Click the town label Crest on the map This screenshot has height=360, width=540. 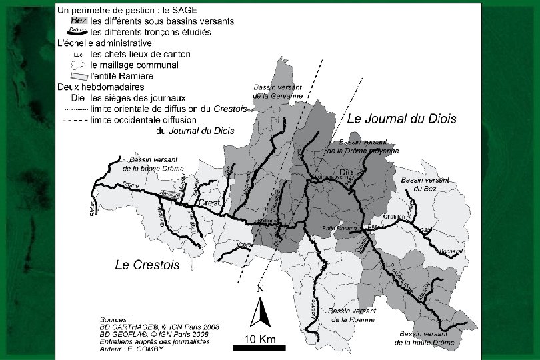click(x=208, y=203)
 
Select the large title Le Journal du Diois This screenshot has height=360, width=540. click(x=402, y=119)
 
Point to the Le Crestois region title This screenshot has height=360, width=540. click(x=147, y=265)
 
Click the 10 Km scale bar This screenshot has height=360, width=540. click(x=259, y=347)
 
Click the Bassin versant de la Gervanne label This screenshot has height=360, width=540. click(x=278, y=91)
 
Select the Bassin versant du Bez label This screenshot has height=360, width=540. click(x=426, y=184)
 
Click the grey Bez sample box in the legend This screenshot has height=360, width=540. click(x=79, y=21)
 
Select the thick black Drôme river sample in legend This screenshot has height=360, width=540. click(x=78, y=31)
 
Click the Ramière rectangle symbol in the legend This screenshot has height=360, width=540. click(x=79, y=76)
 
